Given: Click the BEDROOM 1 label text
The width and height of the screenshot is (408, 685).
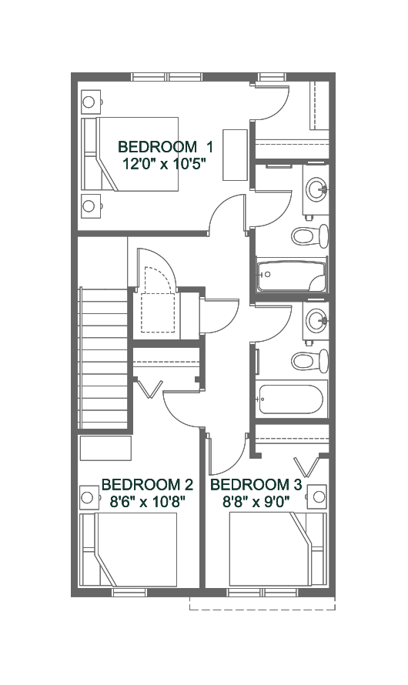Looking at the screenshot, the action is tap(166, 147).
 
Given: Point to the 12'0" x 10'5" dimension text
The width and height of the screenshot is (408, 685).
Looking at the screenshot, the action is tap(164, 164).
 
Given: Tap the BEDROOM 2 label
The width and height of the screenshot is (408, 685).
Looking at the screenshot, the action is tap(147, 484).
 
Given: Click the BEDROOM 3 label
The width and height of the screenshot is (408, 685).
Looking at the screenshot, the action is tap(256, 484).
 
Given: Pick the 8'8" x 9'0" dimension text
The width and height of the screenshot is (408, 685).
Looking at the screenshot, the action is tap(257, 502).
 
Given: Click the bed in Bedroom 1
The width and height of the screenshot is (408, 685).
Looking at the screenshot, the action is tap(130, 154).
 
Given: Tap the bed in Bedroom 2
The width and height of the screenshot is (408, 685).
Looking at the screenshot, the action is tap(129, 550).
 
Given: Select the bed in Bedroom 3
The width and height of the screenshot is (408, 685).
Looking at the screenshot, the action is tap(278, 550).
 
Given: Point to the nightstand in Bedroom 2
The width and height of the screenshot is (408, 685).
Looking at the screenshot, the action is tap(89, 496).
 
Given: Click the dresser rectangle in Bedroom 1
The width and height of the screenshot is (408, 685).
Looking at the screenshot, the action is tap(235, 155).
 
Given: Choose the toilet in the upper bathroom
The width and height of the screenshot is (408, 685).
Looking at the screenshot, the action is tap(309, 236).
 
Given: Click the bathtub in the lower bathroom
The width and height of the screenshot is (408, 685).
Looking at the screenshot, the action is tap(291, 399).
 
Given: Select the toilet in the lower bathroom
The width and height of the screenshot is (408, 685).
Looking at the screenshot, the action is tap(309, 360).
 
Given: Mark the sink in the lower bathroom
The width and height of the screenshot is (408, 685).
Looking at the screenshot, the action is tap(316, 320).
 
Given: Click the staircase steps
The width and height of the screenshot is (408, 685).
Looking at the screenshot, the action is tap(105, 358).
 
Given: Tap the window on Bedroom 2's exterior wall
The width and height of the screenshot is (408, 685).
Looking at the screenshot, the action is tap(129, 593).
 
